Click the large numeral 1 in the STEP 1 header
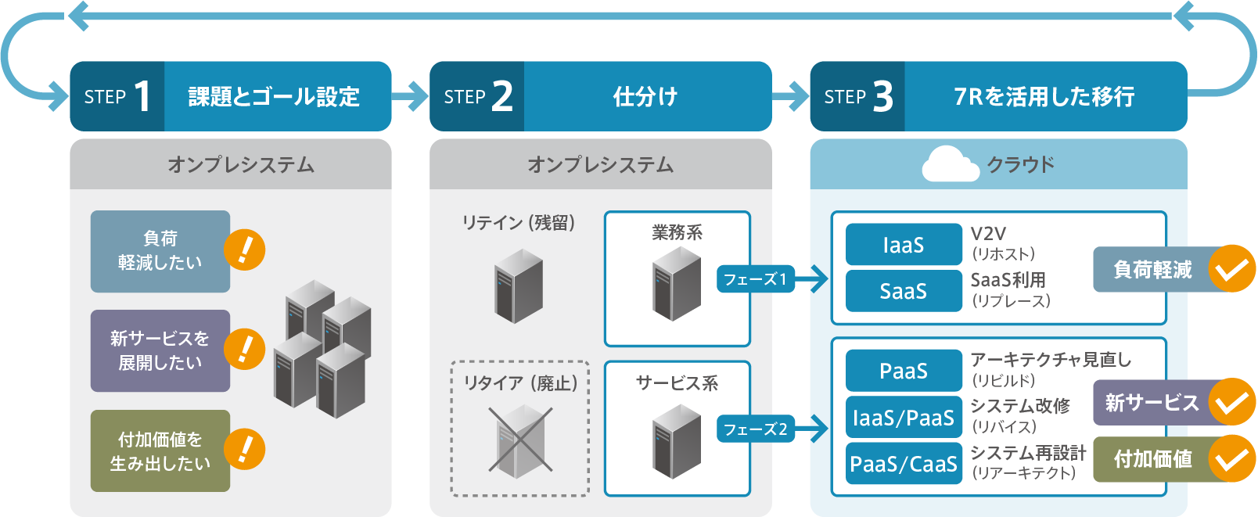coord(142,97)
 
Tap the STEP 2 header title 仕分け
coord(645,97)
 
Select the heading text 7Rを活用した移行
coord(1044,97)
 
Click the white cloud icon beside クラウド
coord(950,164)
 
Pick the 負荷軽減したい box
coord(160,251)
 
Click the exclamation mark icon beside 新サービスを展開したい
coord(245,349)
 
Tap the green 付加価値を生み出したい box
coord(160,451)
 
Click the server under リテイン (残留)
coord(519,286)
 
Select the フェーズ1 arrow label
coord(755,279)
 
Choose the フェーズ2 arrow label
coord(755,429)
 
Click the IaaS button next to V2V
coord(904,245)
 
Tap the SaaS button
coord(904,291)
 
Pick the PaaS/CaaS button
coord(904,464)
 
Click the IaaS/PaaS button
coord(904,418)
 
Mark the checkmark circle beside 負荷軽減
coord(1232,269)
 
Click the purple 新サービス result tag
coord(1150,403)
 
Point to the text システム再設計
coord(1028,453)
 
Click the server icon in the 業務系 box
coord(677,284)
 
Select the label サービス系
coord(677,383)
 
